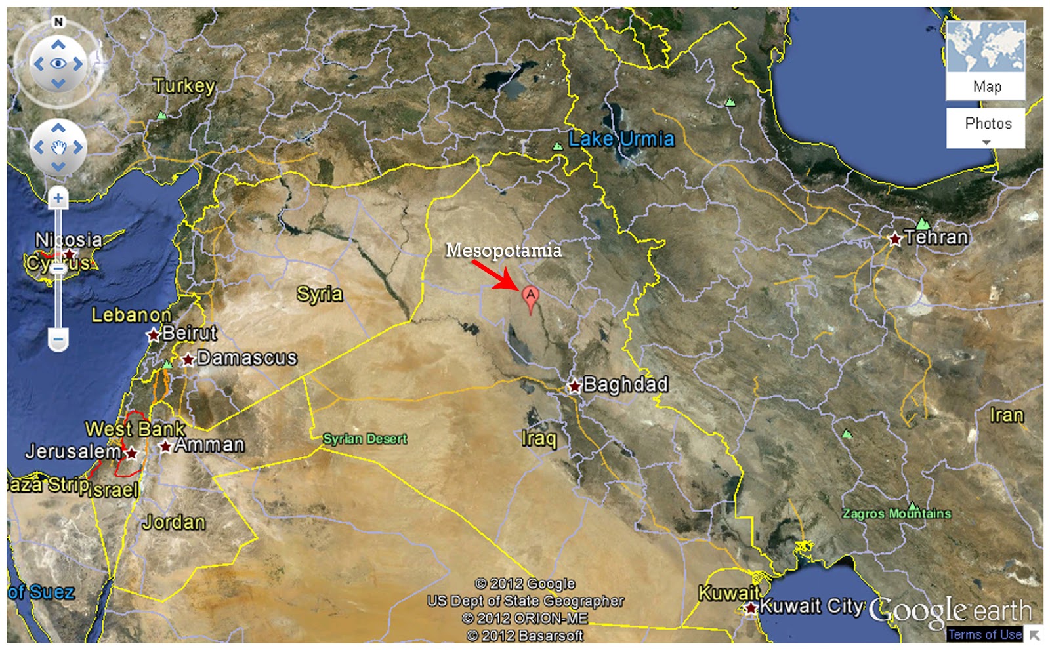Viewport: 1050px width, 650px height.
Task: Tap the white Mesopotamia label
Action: click(503, 251)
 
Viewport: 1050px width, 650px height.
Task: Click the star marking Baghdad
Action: click(575, 386)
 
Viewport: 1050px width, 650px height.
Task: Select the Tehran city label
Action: click(936, 237)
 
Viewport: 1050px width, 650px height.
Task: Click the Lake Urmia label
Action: click(621, 139)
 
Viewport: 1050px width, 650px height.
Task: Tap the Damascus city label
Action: click(247, 357)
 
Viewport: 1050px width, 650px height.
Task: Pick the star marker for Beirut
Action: click(154, 335)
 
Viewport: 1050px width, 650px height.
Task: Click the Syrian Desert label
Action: click(365, 439)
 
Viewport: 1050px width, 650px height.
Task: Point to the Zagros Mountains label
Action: click(896, 514)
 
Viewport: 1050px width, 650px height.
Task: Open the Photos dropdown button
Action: click(986, 129)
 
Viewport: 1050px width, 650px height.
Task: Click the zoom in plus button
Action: click(58, 197)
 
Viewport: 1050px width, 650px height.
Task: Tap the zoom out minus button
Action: click(58, 340)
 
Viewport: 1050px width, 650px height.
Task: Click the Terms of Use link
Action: click(984, 634)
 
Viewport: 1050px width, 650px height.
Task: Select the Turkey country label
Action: click(184, 85)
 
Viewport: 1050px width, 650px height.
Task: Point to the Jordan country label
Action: click(174, 522)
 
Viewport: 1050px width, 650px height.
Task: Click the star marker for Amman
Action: click(165, 447)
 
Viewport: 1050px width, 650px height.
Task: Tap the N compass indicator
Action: click(58, 22)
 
